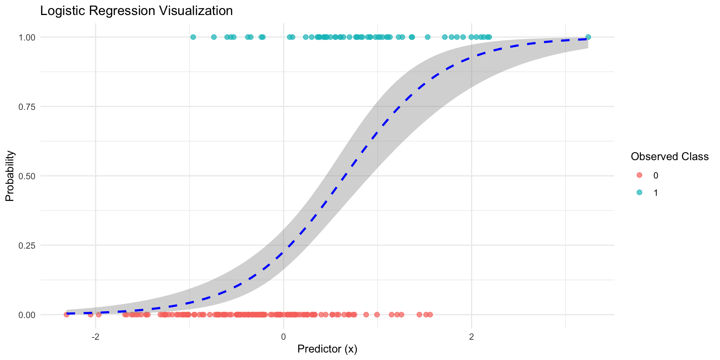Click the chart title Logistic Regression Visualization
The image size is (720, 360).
pos(136,11)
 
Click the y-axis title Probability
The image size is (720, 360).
pos(10,176)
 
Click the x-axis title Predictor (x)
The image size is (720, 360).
pos(327,349)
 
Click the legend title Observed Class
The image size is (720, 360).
pos(670,157)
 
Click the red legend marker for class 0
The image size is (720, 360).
pos(639,175)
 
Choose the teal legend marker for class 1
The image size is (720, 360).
pos(639,192)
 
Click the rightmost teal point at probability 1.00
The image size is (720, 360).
pos(588,37)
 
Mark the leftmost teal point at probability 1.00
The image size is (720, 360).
pos(193,37)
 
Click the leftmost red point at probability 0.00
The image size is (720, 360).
pos(66,315)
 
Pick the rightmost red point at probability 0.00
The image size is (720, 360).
pos(430,315)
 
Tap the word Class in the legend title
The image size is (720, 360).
pos(696,157)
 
